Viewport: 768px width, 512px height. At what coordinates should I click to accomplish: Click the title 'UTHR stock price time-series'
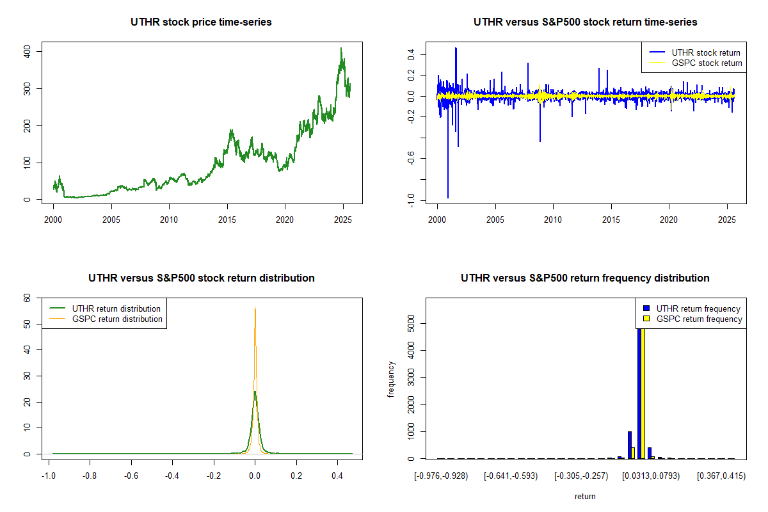click(x=201, y=22)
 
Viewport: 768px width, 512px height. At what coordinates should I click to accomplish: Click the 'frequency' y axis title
click(x=391, y=379)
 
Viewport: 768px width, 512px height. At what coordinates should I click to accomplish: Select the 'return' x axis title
click(x=585, y=496)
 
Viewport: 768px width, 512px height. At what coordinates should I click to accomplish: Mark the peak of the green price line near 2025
click(x=341, y=48)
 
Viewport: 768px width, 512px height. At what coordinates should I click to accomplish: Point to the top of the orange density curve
click(x=255, y=307)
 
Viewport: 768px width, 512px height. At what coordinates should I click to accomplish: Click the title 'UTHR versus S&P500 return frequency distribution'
click(x=585, y=278)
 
